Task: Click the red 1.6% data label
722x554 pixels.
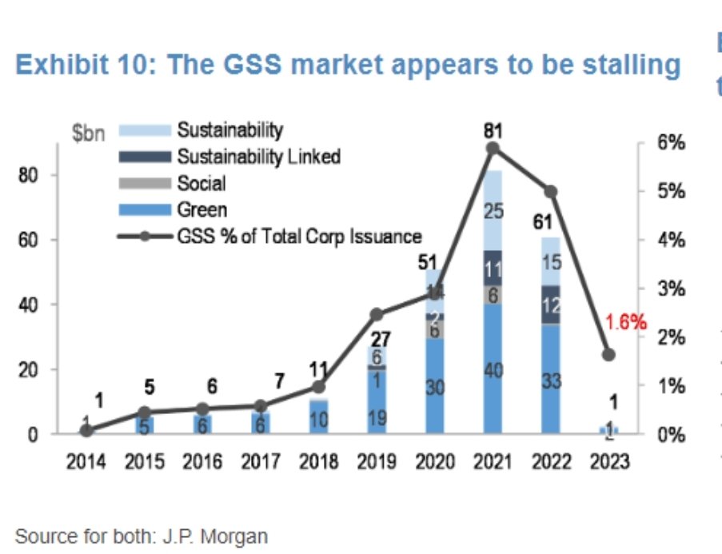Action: click(x=624, y=322)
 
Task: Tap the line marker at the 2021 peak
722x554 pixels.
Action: click(x=493, y=148)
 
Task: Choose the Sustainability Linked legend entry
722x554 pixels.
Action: click(x=258, y=156)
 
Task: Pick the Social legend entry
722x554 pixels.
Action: click(x=201, y=183)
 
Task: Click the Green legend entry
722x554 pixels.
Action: click(x=201, y=209)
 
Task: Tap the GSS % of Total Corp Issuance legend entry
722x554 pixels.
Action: click(x=298, y=236)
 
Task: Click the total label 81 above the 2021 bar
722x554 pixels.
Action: click(x=493, y=129)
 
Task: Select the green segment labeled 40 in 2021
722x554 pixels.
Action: click(x=493, y=371)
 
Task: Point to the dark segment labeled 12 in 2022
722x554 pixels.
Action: click(x=550, y=305)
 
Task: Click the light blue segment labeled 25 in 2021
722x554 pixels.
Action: click(x=493, y=212)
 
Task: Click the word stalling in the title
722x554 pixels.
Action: click(x=628, y=65)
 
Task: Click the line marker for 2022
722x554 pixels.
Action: click(x=550, y=192)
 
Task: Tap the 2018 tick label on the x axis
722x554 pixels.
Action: click(x=320, y=462)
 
